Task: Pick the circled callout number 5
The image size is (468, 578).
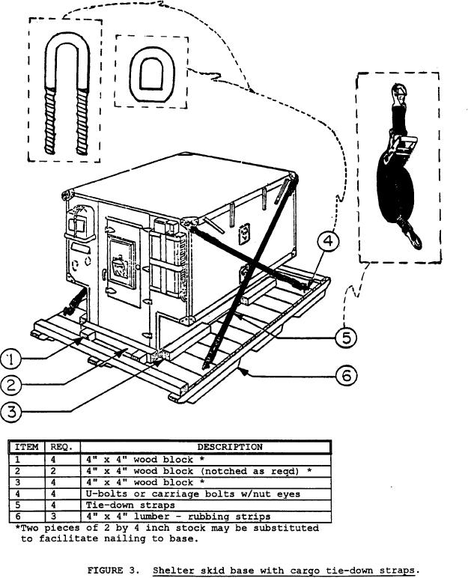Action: (345, 338)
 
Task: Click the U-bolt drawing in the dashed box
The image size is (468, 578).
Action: (65, 97)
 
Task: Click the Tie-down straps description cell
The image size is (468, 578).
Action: (124, 505)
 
